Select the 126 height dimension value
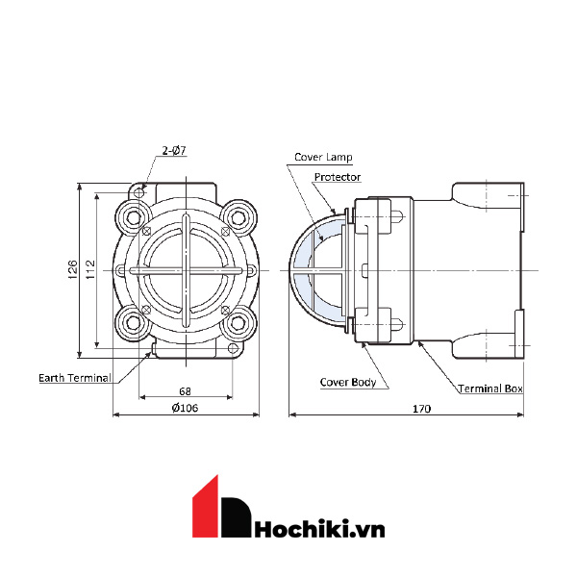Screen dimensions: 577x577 pos(73,268)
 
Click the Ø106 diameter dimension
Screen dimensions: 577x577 pos(187,408)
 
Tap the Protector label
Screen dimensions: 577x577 pos(338,177)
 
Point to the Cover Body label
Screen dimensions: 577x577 pos(348,382)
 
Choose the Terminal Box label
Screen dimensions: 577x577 pos(489,389)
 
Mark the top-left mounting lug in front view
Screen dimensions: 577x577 pos(134,213)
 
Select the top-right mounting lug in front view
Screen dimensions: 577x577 pos(238,213)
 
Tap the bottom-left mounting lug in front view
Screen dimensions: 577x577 pos(134,321)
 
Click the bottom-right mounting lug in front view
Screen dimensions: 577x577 pos(238,321)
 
